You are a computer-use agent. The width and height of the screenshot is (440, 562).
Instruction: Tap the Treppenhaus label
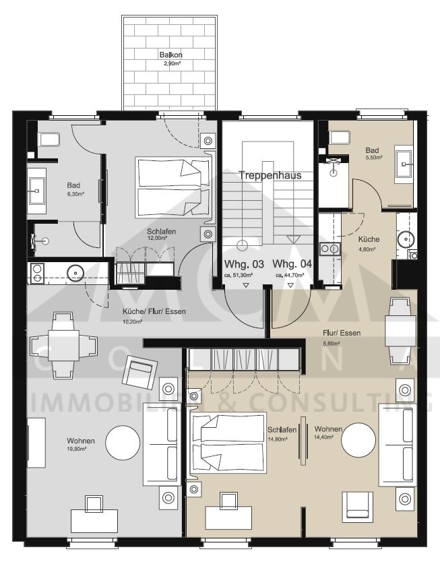tap(270, 175)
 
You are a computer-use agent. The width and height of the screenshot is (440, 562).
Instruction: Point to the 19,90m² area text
tap(80, 449)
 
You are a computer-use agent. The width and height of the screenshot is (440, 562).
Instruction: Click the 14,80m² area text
tap(277, 438)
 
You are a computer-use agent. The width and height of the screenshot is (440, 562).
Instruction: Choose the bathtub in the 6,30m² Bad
tap(50, 140)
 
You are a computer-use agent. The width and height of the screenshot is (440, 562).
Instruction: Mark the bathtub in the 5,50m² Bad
tap(340, 137)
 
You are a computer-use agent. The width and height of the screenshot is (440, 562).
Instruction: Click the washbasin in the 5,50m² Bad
tap(405, 160)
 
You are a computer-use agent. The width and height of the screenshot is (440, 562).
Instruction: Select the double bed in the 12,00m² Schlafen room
tap(172, 188)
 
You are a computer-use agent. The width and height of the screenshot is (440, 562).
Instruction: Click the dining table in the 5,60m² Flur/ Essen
tap(395, 330)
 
